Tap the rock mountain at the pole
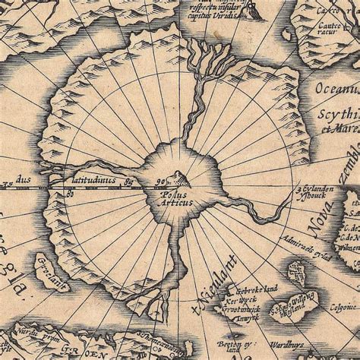tap(178, 180)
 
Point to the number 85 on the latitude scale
tap(128, 182)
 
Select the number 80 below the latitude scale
tap(68, 194)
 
